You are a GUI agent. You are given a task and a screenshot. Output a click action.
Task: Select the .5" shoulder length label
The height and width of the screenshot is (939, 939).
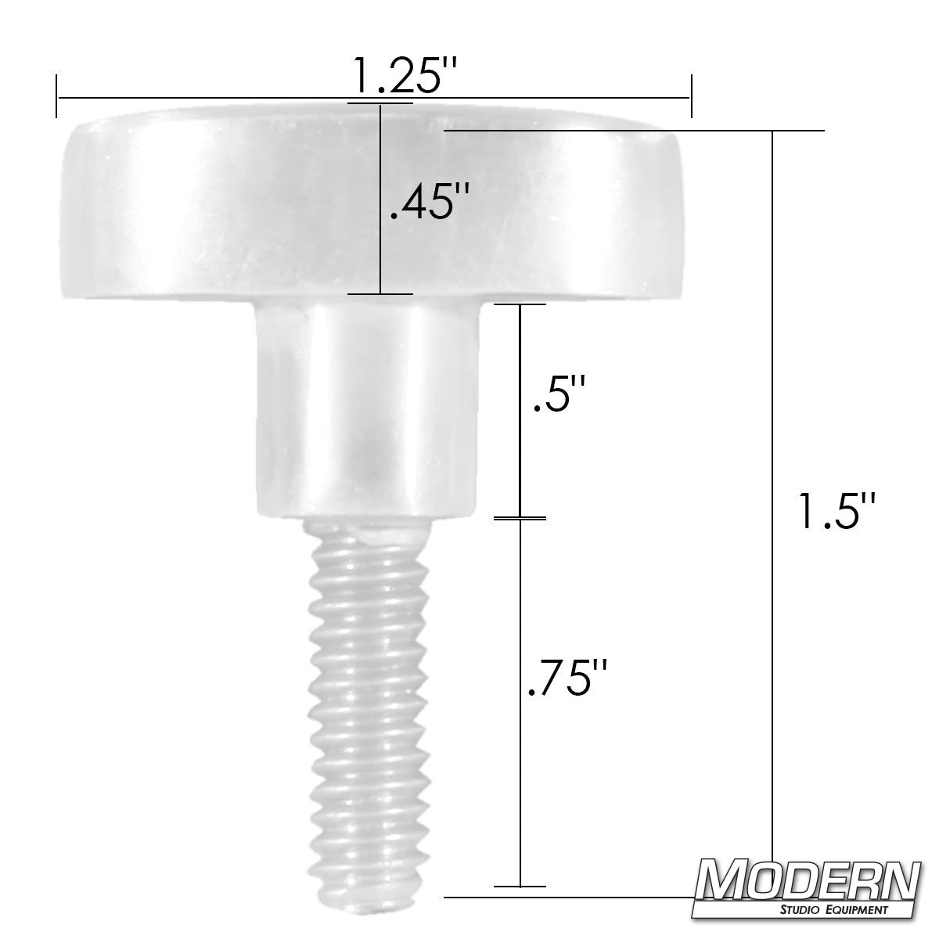[558, 397]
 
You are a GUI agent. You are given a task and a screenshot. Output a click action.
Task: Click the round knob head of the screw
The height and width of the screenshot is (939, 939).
[235, 211]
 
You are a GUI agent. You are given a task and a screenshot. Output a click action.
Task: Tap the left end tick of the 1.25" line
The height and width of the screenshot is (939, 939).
[56, 97]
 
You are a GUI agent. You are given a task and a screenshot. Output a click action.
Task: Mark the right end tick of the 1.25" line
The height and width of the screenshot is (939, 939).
[689, 97]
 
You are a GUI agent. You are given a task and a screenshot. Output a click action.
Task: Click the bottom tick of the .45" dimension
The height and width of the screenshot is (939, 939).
[380, 294]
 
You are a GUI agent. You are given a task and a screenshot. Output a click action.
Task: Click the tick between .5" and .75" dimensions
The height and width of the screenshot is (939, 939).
[520, 517]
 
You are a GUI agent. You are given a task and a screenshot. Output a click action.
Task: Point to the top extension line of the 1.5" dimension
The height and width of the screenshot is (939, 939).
[634, 129]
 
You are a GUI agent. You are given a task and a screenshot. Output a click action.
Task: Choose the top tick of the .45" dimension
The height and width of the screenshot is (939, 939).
[380, 103]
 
